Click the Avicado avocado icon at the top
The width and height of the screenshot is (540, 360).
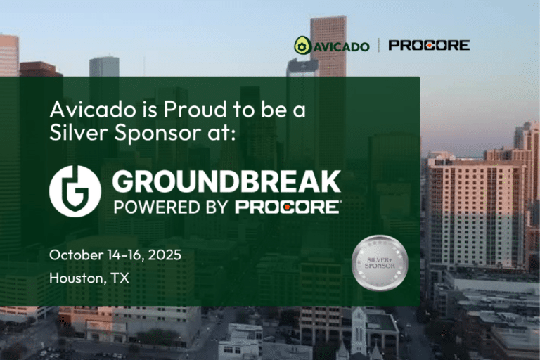tap(302, 46)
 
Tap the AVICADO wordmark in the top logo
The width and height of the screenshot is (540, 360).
tap(340, 46)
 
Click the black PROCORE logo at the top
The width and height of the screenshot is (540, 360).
tap(429, 46)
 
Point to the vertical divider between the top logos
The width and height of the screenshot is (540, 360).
tap(379, 46)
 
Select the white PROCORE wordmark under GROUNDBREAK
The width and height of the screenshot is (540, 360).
tap(288, 207)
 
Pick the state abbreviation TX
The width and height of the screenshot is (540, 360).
tap(121, 278)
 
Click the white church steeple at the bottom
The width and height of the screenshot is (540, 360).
tap(359, 330)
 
